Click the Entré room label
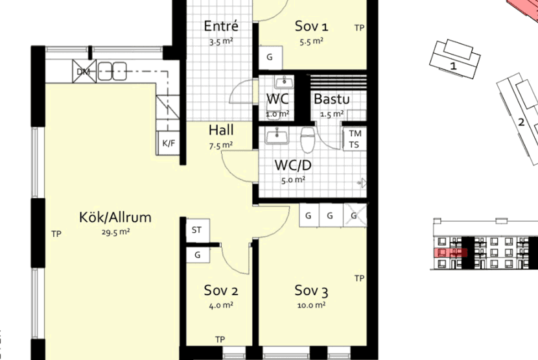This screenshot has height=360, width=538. coord(220,26)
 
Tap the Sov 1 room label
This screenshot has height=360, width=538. coord(312,26)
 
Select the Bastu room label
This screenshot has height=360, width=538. coord(332,99)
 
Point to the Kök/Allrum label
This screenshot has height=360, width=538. coord(115,217)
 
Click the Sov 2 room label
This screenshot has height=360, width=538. coord(221,290)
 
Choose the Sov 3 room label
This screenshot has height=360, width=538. coord(312,291)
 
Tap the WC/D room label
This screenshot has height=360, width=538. coord(293,165)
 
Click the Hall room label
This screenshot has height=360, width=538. coord(221,130)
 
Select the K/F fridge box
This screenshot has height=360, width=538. coord(169,143)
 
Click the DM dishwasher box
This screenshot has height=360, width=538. coord(84,71)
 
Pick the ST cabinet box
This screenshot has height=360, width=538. coord(198,230)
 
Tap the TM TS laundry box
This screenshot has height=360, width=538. coord(355,138)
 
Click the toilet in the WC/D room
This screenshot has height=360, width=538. coord(308,139)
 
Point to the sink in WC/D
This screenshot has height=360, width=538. coord(277,136)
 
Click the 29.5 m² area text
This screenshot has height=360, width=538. coord(115,232)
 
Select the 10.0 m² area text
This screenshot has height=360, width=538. coord(312,305)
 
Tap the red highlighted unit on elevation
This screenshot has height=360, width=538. coord(450,253)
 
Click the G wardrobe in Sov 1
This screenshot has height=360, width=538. coord(270,57)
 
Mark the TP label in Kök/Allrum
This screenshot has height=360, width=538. coord(56,234)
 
